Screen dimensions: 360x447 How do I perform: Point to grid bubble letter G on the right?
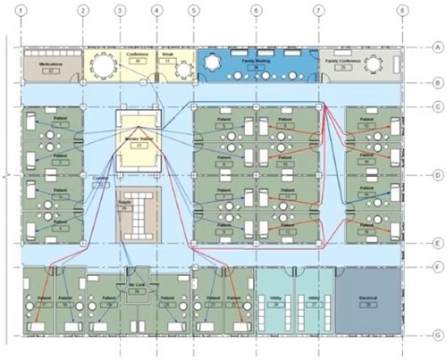point(437,335)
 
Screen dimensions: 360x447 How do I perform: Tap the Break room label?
point(165,54)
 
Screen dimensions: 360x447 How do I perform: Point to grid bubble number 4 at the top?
point(157,12)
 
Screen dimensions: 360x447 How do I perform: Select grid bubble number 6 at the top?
point(257,12)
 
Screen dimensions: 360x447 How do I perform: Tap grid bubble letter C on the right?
point(437,106)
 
